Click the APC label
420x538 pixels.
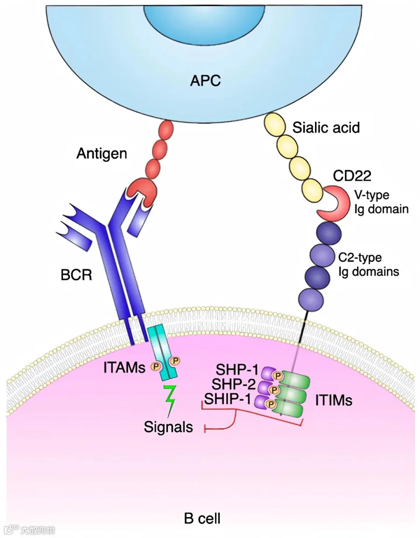205,81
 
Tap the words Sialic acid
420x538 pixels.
326,128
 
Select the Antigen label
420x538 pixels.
102,154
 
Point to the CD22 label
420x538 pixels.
352,176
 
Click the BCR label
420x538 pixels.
76,275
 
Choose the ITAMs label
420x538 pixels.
124,368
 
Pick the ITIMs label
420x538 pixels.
334,400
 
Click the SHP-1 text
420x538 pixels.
237,370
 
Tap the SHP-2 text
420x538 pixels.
233,384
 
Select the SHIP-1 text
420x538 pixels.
228,399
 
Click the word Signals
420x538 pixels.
168,427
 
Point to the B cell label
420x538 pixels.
202,518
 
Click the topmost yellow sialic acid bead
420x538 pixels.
274,125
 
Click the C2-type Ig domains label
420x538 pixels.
369,265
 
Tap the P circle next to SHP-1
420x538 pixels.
277,376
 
